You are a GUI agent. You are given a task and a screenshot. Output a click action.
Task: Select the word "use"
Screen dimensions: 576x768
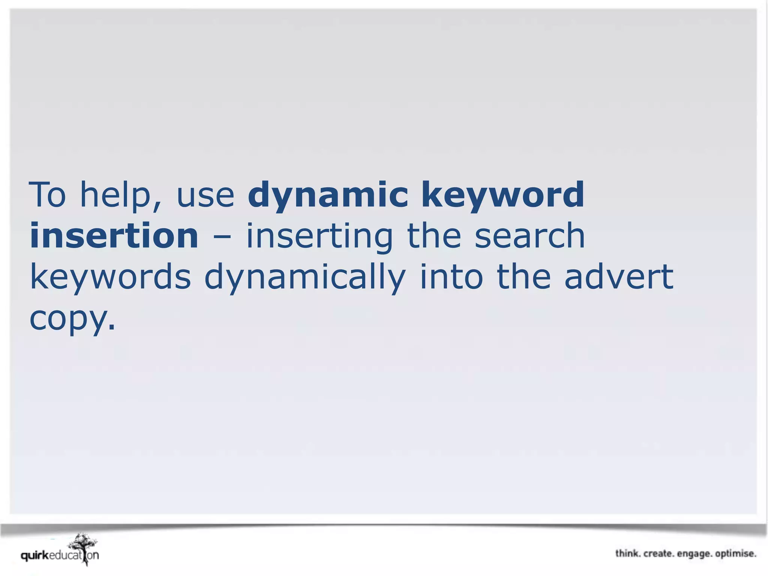tap(205, 196)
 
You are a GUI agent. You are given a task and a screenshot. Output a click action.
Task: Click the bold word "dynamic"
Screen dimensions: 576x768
tap(328, 195)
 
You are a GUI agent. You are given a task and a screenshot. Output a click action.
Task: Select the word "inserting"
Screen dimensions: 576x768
tap(319, 236)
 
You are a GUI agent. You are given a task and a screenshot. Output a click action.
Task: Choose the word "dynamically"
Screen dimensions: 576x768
tap(305, 277)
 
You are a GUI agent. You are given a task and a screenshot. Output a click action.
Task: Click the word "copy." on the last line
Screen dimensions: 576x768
tap(72, 319)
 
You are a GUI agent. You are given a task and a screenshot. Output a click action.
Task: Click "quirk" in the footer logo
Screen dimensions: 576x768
tap(35, 555)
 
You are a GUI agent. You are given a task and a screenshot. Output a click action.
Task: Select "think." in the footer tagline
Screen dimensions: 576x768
tap(628, 553)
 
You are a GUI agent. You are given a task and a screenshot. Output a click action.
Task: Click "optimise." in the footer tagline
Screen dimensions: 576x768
tap(735, 554)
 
